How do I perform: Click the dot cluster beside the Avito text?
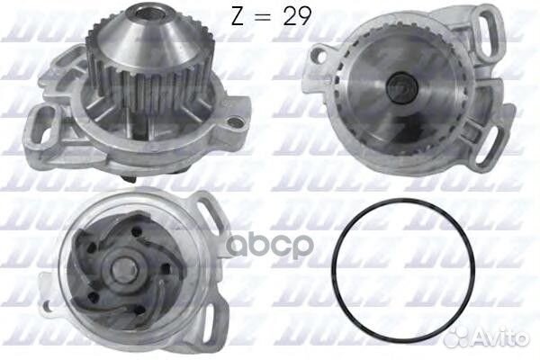481,340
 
